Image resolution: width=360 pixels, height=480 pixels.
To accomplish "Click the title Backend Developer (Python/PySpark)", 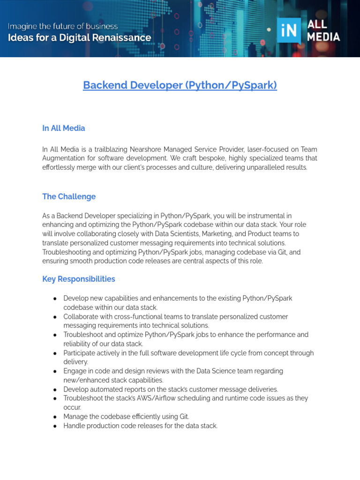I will (180, 85).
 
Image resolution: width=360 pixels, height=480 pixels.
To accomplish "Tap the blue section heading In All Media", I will (63, 128).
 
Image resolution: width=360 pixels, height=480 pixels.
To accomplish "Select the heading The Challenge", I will (69, 196).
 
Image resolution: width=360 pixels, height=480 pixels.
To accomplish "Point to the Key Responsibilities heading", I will (78, 279).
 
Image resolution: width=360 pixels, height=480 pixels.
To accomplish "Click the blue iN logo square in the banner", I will (289, 31).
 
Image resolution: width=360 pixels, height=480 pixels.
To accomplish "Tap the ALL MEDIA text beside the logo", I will (323, 31).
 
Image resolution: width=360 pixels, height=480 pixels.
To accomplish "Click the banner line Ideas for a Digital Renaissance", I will (79, 38).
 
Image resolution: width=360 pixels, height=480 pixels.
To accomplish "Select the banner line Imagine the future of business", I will (62, 26).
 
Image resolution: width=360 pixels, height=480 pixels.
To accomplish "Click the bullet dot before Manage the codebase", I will (55, 417).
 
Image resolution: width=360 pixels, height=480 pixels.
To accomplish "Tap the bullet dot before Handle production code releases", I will (55, 426).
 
